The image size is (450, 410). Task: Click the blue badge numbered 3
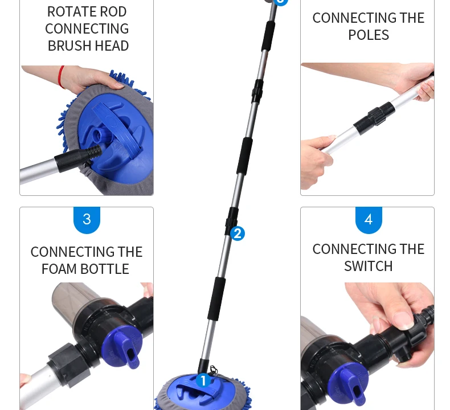[87, 220]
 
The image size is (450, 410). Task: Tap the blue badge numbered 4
[369, 220]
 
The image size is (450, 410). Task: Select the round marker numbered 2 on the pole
[238, 233]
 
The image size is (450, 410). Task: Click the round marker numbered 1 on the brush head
[203, 381]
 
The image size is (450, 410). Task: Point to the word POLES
[369, 35]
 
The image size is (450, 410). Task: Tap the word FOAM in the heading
[59, 269]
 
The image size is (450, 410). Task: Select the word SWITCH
[369, 266]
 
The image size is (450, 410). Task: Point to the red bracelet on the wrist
[61, 77]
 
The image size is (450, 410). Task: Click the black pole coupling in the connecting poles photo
[374, 118]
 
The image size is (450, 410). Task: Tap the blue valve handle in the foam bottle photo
[122, 347]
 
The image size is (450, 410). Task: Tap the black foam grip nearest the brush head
[216, 298]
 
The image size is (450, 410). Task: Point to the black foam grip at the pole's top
[268, 36]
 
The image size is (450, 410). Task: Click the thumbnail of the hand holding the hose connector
[367, 346]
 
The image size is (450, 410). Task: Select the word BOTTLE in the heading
[105, 269]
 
